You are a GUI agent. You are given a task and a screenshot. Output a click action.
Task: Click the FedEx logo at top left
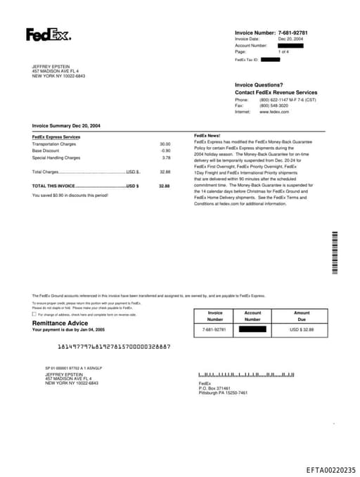[48, 34]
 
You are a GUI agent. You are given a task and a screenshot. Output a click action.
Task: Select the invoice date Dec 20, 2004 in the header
[290, 39]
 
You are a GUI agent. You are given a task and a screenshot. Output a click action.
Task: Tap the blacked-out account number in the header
[290, 46]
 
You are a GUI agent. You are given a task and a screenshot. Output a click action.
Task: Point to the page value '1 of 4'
[283, 52]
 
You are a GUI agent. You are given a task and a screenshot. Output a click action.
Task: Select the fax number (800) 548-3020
[274, 106]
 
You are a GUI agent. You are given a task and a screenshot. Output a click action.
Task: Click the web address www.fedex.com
[274, 112]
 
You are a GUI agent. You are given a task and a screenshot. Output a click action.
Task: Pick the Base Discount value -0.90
[165, 151]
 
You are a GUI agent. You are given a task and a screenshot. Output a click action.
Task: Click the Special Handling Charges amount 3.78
[166, 158]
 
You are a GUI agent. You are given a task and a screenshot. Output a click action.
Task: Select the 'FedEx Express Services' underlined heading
[56, 137]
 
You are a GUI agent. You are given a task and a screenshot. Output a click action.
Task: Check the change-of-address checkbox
[34, 314]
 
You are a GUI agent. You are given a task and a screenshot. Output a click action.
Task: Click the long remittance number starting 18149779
[112, 347]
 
